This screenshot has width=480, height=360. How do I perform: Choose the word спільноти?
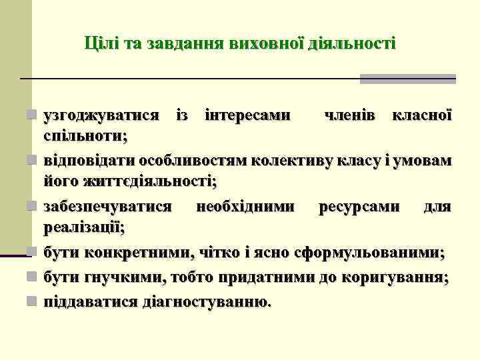85,135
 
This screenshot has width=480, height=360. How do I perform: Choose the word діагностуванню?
206,301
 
